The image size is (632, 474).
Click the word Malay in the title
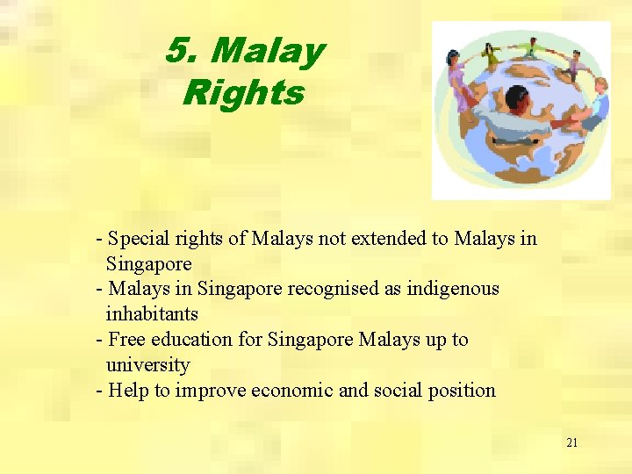[x=268, y=52]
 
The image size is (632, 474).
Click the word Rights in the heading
[x=243, y=93]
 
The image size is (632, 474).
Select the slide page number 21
[x=571, y=442]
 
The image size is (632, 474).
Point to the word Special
[x=139, y=239]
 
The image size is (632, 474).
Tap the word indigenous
[x=453, y=289]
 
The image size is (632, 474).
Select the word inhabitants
[x=152, y=313]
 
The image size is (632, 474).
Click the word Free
[x=127, y=340]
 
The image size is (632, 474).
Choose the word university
[x=147, y=364]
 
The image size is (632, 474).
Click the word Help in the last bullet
[x=129, y=390]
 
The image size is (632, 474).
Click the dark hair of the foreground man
[x=516, y=95]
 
